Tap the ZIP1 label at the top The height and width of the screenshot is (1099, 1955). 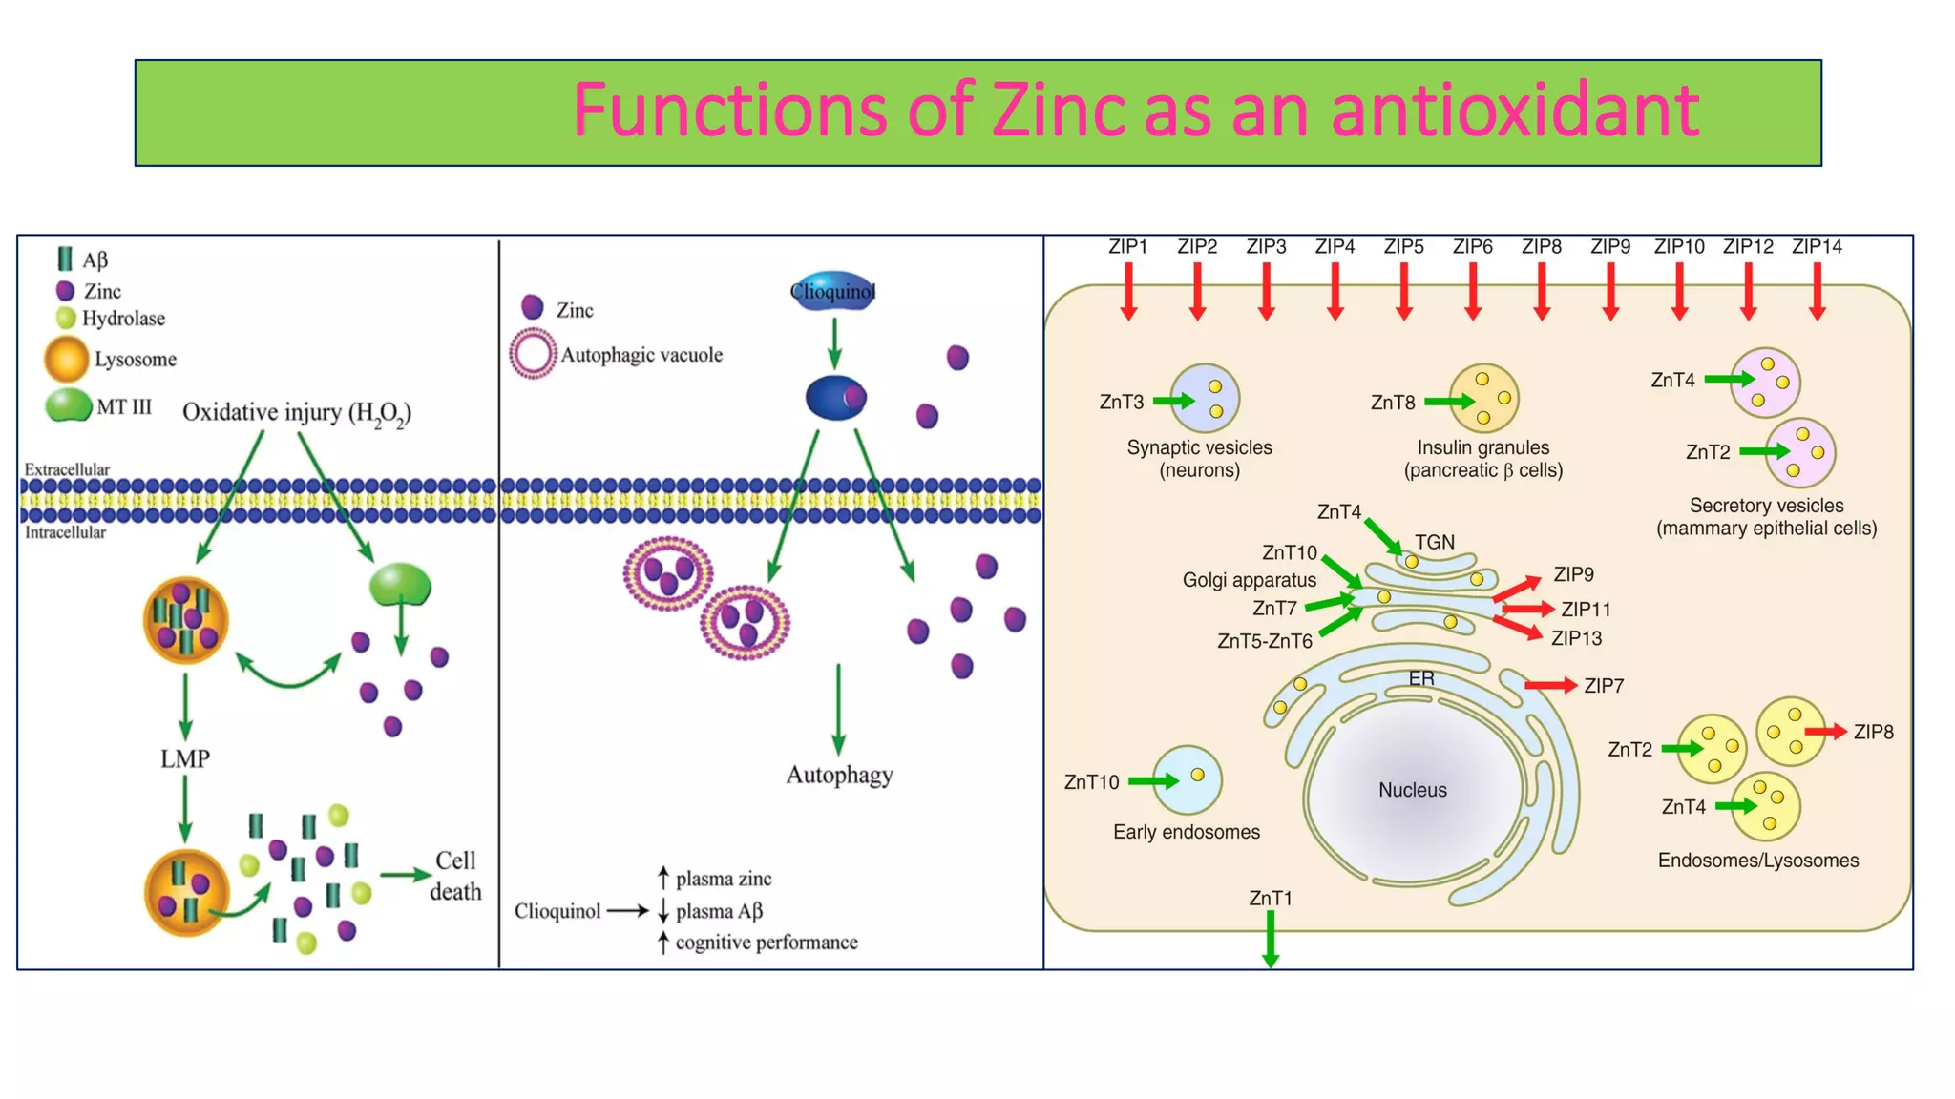1127,247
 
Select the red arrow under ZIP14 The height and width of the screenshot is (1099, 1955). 1817,291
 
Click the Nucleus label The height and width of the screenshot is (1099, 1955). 1412,790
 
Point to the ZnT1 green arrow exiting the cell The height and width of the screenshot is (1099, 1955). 1270,940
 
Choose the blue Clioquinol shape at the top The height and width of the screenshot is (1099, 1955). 832,291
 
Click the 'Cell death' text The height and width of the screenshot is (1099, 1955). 455,876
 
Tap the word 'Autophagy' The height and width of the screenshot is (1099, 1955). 839,775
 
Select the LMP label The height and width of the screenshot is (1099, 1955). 184,759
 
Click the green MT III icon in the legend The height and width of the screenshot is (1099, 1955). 68,404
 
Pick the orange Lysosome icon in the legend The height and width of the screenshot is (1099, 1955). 66,360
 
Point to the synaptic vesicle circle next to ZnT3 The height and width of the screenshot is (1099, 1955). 1205,399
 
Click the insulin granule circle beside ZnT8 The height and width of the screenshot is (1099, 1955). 1483,399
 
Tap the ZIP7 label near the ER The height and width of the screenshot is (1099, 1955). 1604,686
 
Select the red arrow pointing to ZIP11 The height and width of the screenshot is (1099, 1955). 1527,609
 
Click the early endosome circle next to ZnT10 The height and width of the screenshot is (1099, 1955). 1187,779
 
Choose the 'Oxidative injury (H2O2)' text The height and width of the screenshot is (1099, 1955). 297,413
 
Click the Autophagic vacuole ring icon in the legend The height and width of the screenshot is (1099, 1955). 533,354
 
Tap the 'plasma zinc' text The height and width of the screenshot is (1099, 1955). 724,879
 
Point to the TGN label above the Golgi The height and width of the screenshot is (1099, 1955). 1434,543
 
